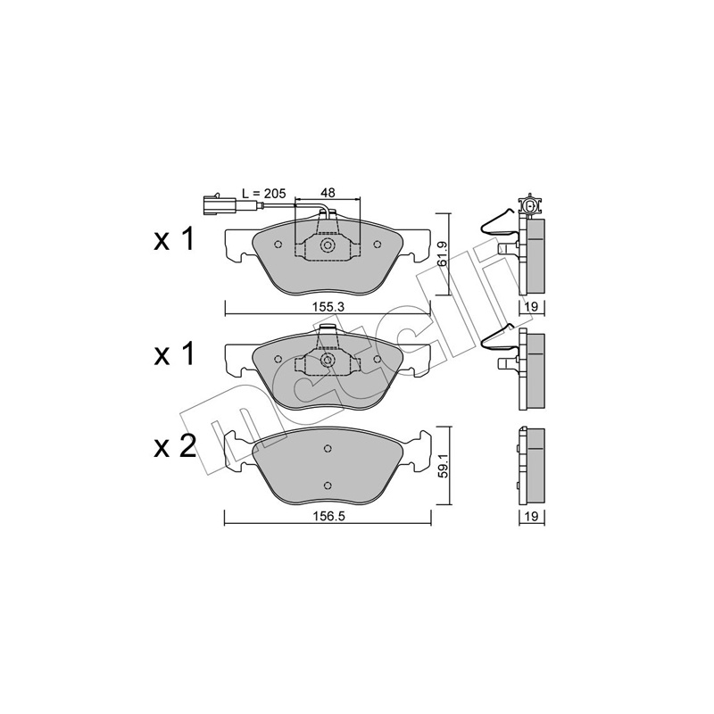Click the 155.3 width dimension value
328,307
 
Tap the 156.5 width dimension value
328,517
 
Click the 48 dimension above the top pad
328,193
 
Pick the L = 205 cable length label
264,193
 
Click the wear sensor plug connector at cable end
218,204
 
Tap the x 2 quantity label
174,447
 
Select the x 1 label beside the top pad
174,239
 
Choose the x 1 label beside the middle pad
174,354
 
